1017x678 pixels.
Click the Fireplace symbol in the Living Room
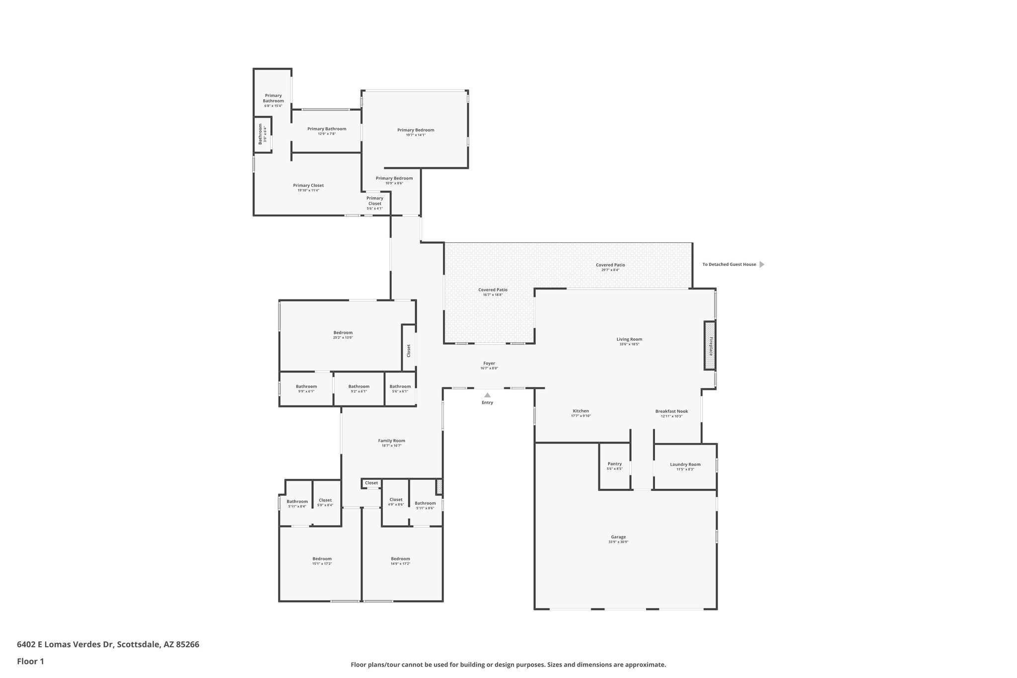click(x=710, y=346)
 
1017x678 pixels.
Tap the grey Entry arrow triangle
click(x=487, y=395)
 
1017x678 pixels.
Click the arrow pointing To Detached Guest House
click(x=762, y=264)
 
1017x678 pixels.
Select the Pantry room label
click(x=614, y=464)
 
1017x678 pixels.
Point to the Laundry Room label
click(x=685, y=464)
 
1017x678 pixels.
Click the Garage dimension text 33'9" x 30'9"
click(x=618, y=542)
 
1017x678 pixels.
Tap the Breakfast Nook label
click(x=671, y=411)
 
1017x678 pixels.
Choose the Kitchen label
click(x=581, y=411)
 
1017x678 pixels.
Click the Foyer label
click(x=489, y=363)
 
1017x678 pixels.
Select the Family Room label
click(x=391, y=441)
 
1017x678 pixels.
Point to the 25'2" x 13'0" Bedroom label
click(x=343, y=333)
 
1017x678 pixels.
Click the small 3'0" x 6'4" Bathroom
click(x=262, y=134)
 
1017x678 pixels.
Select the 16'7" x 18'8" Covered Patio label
click(x=493, y=290)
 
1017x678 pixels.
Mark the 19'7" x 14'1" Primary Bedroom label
click(x=416, y=130)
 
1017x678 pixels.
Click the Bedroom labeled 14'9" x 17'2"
click(x=400, y=559)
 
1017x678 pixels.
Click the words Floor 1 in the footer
click(x=30, y=662)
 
